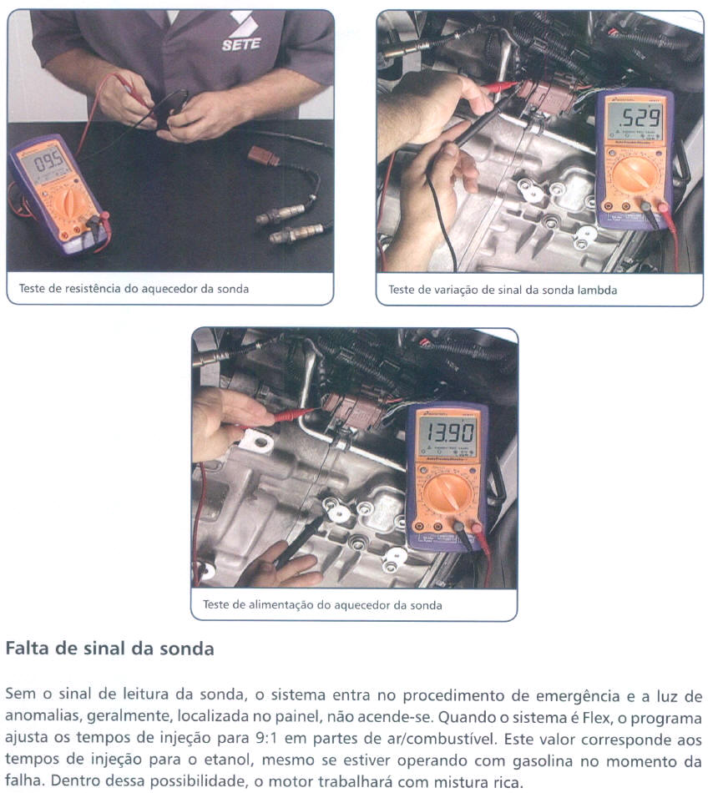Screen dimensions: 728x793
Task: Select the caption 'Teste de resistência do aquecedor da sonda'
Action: [134, 289]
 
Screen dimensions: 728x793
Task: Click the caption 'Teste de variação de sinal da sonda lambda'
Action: [503, 290]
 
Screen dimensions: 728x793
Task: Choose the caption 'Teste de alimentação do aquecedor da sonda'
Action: [322, 605]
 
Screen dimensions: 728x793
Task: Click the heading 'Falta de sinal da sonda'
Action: [109, 649]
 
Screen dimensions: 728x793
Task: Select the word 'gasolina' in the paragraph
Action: [543, 760]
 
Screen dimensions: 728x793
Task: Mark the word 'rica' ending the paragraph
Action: [506, 782]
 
